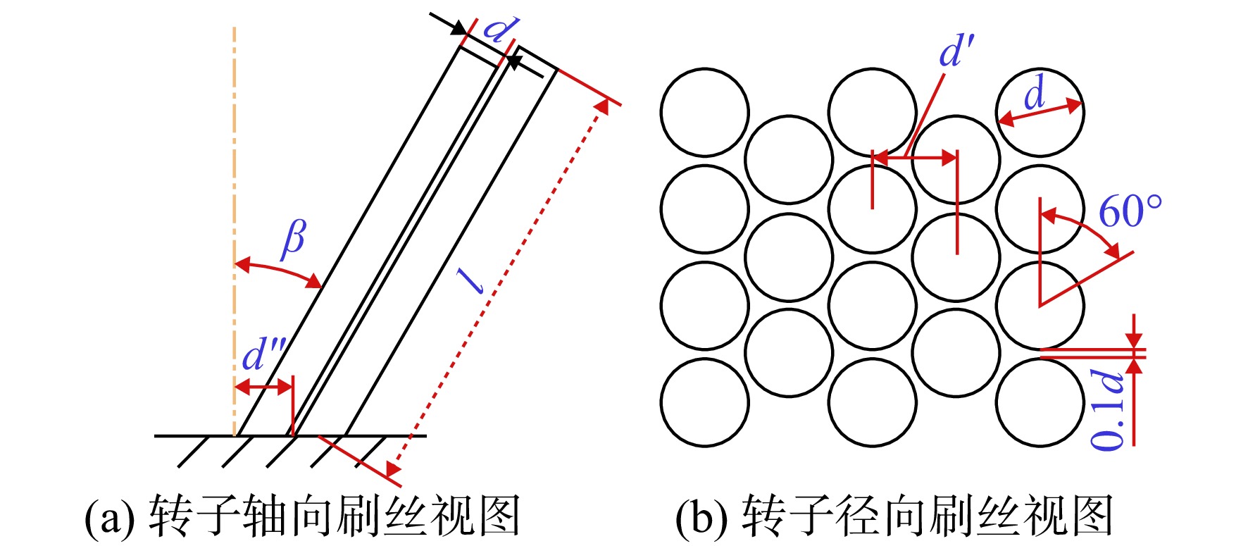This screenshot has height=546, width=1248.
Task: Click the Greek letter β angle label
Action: [x=294, y=240]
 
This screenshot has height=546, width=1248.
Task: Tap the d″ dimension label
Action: [x=263, y=354]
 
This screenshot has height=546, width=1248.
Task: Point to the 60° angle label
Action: [x=1130, y=211]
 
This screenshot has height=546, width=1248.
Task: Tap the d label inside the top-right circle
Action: [x=1034, y=94]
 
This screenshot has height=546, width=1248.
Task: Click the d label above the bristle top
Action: [x=501, y=30]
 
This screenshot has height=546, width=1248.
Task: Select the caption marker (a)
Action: [x=110, y=517]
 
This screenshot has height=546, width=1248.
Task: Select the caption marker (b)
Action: [x=701, y=517]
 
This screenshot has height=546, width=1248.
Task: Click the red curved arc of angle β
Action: [x=277, y=271]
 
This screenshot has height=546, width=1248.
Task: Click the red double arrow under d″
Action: [x=263, y=387]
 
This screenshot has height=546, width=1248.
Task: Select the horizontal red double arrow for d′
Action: [x=914, y=159]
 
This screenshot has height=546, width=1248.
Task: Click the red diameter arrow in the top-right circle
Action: [x=1040, y=112]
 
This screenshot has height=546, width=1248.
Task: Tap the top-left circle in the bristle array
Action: [x=705, y=112]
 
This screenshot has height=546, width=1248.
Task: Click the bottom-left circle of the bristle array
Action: [x=705, y=402]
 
